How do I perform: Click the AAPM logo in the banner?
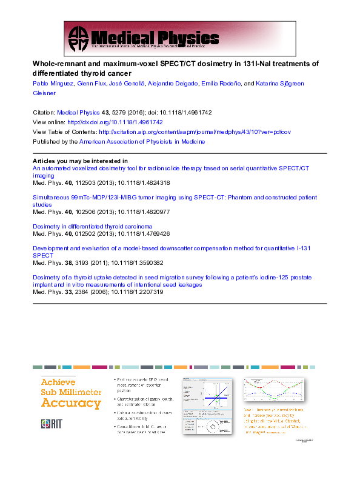click(78, 38)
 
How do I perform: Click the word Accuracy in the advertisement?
click(70, 403)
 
